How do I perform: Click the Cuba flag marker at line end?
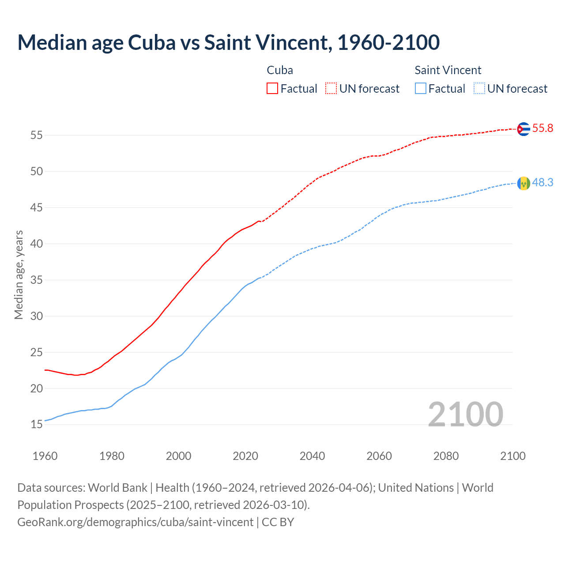pyautogui.click(x=524, y=129)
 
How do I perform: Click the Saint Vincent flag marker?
pyautogui.click(x=524, y=183)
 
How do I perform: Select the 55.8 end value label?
pyautogui.click(x=542, y=128)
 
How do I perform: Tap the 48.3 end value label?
pyautogui.click(x=542, y=183)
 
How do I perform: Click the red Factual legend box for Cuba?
pyautogui.click(x=272, y=89)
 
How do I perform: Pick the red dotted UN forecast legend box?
pyautogui.click(x=331, y=89)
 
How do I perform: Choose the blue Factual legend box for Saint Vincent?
pyautogui.click(x=421, y=89)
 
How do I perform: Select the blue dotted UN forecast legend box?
pyautogui.click(x=479, y=89)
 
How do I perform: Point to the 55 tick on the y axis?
pyautogui.click(x=36, y=136)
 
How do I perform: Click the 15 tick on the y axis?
pyautogui.click(x=36, y=425)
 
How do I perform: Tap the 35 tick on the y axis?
pyautogui.click(x=36, y=280)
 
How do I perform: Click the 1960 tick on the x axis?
pyautogui.click(x=45, y=456)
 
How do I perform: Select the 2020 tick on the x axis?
pyautogui.click(x=245, y=456)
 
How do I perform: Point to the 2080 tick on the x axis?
pyautogui.click(x=446, y=456)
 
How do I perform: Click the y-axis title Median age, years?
pyautogui.click(x=19, y=275)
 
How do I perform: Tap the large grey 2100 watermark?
pyautogui.click(x=465, y=414)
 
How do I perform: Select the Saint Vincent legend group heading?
pyautogui.click(x=448, y=70)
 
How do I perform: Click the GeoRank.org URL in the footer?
pyautogui.click(x=136, y=522)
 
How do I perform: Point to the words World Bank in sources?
pyautogui.click(x=117, y=488)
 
